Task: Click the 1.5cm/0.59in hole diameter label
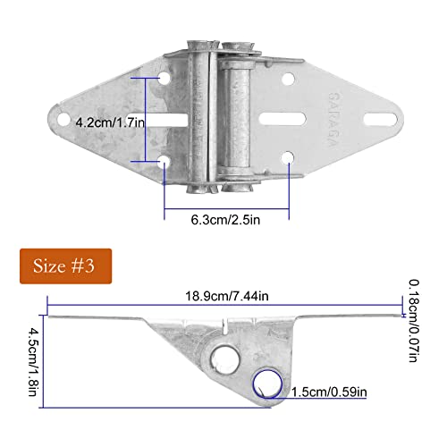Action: [x=328, y=391]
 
